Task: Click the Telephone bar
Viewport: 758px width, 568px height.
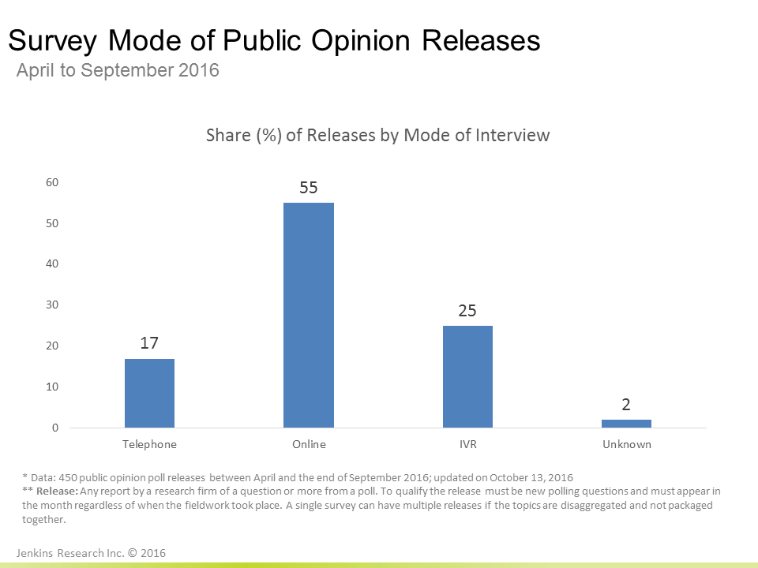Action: (x=149, y=393)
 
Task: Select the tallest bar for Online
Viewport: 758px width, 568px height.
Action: (x=308, y=316)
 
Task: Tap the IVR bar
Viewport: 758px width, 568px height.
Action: (x=467, y=376)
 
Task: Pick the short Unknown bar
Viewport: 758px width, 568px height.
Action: (x=626, y=424)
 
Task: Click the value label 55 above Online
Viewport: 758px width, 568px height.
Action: (x=308, y=188)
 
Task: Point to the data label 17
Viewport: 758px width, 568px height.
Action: (x=149, y=344)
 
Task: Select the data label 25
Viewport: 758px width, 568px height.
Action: (x=467, y=311)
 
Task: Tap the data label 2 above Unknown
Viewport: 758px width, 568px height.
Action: (x=626, y=405)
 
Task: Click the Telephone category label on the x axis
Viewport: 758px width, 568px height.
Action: (x=149, y=444)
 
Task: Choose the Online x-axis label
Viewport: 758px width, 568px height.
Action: (x=308, y=444)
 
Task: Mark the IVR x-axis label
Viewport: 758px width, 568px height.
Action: (x=467, y=444)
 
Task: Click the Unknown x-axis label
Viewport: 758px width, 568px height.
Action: (x=626, y=444)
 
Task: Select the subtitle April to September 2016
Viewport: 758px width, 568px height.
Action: (x=118, y=70)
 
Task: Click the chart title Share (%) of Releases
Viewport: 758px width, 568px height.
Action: (x=377, y=135)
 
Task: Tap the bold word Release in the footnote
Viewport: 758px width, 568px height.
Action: (x=58, y=491)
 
